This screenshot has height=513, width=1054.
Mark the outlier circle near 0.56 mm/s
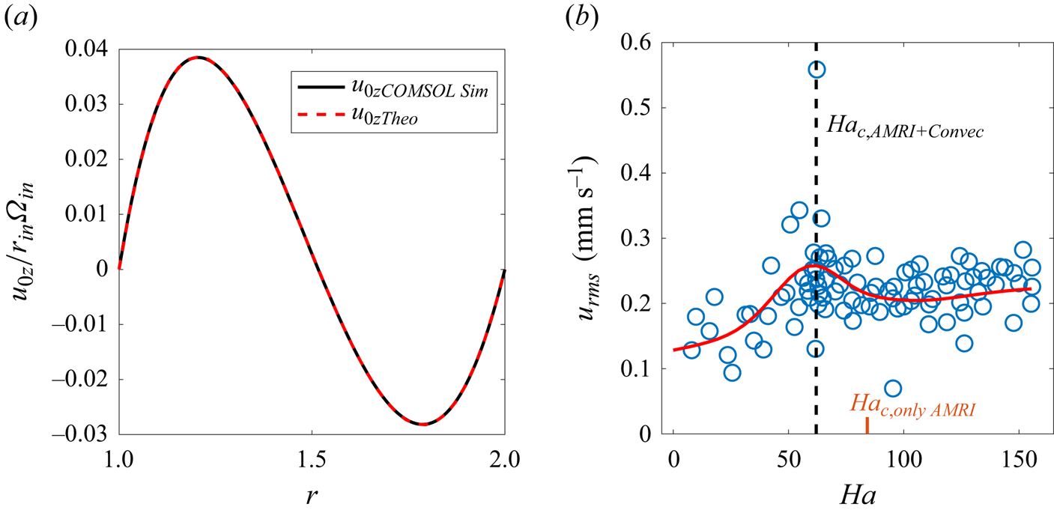[x=817, y=70]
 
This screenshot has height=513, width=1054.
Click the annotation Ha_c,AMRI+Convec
[x=894, y=129]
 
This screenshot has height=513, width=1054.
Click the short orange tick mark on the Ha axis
[x=867, y=425]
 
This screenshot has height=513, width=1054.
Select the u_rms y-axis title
[x=592, y=240]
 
